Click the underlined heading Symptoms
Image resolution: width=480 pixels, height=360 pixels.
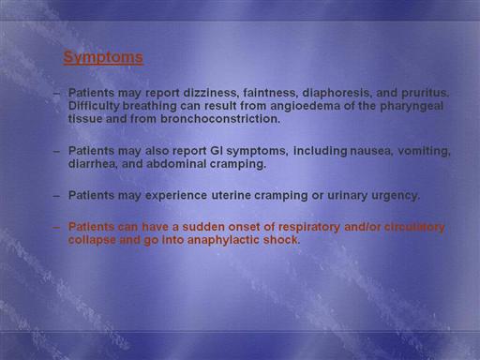tap(103, 57)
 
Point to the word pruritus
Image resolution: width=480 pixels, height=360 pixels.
tap(425, 93)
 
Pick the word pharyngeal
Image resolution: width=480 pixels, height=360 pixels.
tap(412, 106)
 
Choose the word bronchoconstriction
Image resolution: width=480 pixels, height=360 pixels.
tap(220, 119)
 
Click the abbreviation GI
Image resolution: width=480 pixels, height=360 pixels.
tap(217, 151)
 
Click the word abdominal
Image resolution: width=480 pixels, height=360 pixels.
tap(176, 164)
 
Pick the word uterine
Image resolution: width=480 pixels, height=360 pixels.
tap(232, 196)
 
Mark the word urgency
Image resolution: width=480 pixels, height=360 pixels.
tap(396, 196)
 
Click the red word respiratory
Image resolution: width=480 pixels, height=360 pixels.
tap(308, 227)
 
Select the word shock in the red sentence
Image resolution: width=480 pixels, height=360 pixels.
tap(281, 240)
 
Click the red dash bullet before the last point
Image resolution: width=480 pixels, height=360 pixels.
tap(56, 228)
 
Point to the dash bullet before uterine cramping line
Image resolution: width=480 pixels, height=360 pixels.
tap(56, 196)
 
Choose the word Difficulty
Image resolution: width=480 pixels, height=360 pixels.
tap(94, 106)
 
